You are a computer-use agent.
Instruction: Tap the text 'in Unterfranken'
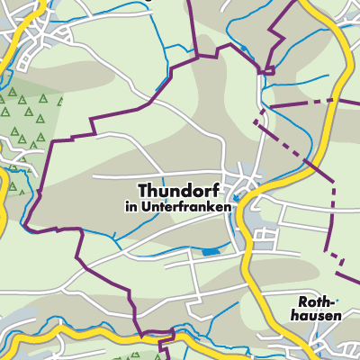pyautogui.click(x=177, y=206)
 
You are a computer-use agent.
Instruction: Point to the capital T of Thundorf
pyautogui.click(x=144, y=190)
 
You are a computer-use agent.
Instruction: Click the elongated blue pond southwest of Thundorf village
pyautogui.click(x=210, y=252)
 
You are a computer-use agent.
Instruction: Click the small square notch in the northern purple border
pyautogui.click(x=266, y=69)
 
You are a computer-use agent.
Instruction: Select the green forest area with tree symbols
pyautogui.click(x=31, y=117)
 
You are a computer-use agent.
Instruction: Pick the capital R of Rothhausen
pyautogui.click(x=303, y=302)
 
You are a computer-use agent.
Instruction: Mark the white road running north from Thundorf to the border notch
pyautogui.click(x=260, y=117)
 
